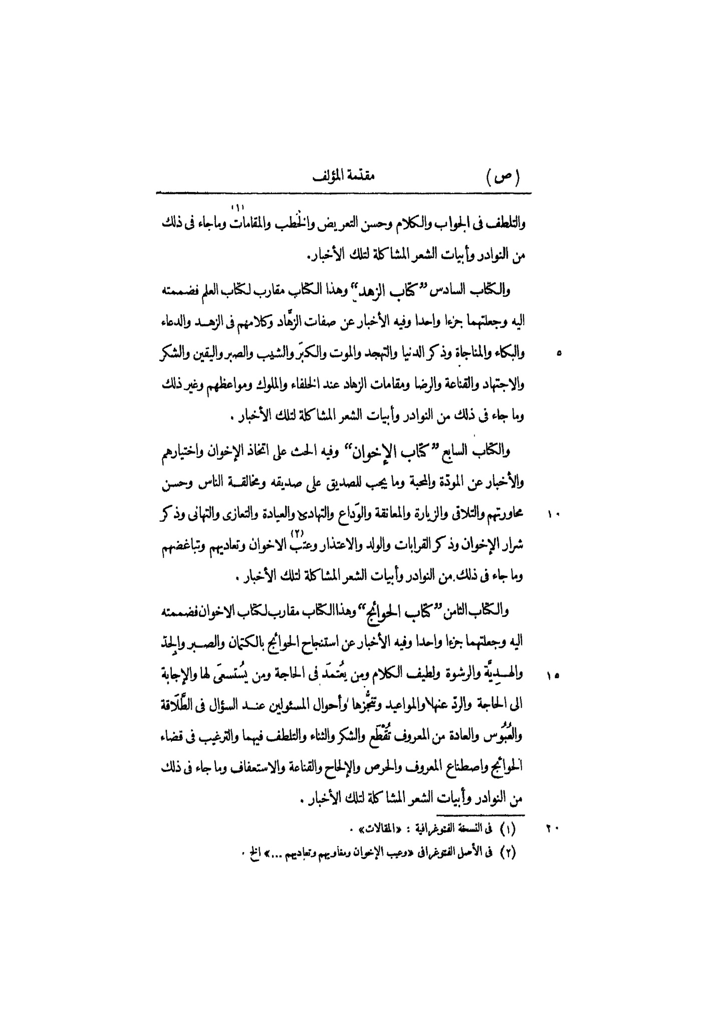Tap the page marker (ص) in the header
pyautogui.click(x=503, y=178)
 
